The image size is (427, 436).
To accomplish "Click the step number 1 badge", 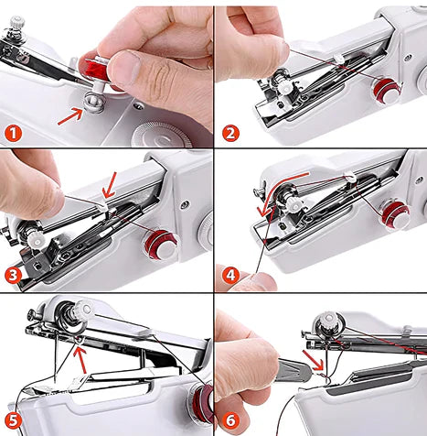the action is click(13, 134).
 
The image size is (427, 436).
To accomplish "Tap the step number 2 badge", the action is click(230, 134).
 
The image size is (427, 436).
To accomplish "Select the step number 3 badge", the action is click(13, 276).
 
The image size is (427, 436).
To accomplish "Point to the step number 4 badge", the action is click(230, 276).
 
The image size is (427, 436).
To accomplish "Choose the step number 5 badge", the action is click(13, 420).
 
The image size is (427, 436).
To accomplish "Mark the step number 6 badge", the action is click(230, 420).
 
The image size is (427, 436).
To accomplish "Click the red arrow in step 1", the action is click(70, 116).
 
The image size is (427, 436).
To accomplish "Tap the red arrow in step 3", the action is click(110, 186).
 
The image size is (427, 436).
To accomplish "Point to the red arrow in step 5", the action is click(81, 359).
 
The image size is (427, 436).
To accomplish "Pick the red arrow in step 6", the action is click(313, 360).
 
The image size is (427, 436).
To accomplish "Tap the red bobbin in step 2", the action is click(387, 90).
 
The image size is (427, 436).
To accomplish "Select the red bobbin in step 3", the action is click(160, 245).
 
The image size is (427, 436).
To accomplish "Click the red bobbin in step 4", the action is click(395, 215).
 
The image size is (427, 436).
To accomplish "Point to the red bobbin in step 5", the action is click(201, 403).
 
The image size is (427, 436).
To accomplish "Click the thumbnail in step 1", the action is click(124, 69).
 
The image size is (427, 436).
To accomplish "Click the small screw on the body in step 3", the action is click(184, 204).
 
